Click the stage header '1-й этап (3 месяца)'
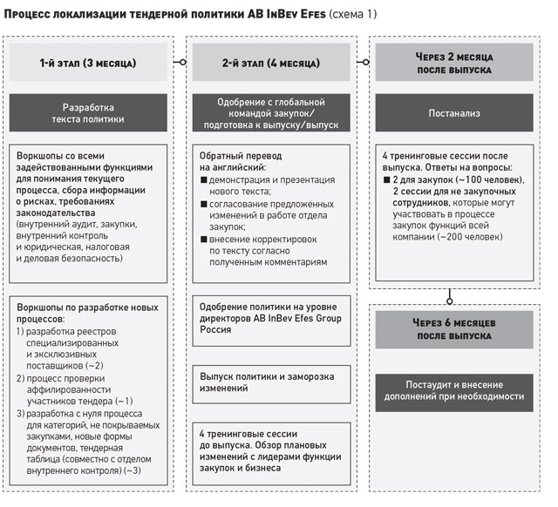[92, 64]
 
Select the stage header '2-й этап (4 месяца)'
[272, 64]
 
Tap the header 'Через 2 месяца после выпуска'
[452, 64]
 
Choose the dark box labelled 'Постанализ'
[452, 113]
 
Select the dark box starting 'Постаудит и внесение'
[452, 389]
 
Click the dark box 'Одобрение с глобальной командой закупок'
[272, 113]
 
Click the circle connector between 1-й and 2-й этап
[182, 63]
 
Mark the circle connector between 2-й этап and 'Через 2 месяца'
[362, 63]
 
